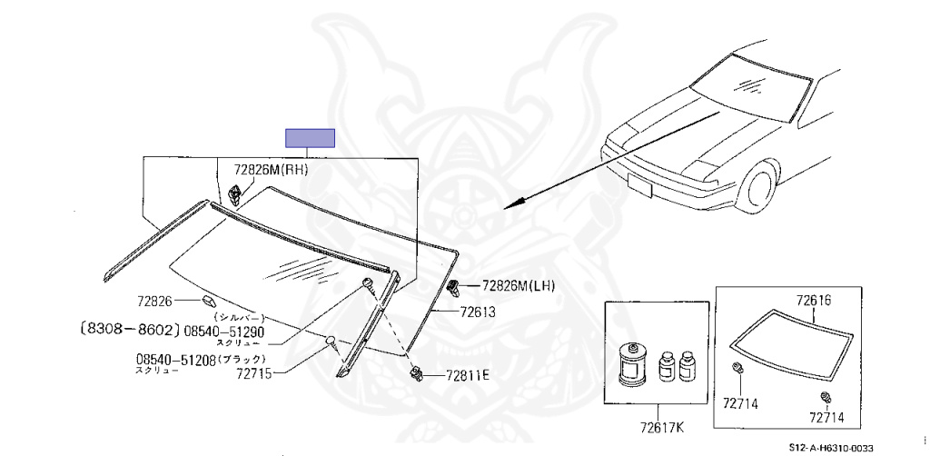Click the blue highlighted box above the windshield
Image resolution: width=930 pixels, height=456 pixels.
click(x=311, y=138)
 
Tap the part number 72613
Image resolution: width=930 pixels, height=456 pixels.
click(x=477, y=311)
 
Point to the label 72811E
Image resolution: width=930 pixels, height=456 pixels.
click(x=467, y=375)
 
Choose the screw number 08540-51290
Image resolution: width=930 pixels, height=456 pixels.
click(x=223, y=331)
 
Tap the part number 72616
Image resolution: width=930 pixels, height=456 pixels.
click(x=814, y=300)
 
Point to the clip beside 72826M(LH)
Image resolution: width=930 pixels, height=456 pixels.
click(x=452, y=288)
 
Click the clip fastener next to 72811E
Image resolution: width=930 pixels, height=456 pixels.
click(x=418, y=372)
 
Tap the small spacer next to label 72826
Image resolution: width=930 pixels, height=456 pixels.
click(x=207, y=300)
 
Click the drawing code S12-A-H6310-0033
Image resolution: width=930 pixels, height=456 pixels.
click(x=830, y=446)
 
